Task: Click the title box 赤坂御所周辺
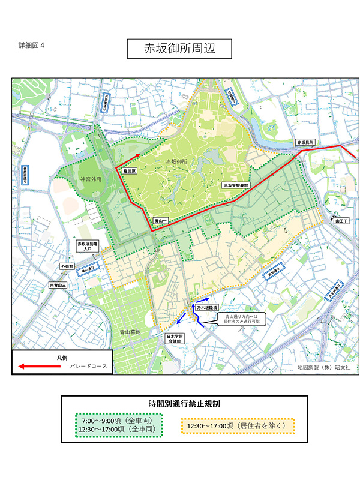click(x=179, y=49)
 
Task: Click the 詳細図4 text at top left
click(x=31, y=46)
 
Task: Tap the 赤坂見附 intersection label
click(x=305, y=143)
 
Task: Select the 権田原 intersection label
click(x=131, y=171)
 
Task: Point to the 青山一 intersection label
click(x=160, y=221)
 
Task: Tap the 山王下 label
click(x=341, y=221)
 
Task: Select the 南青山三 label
click(x=59, y=285)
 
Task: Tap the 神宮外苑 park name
click(x=93, y=179)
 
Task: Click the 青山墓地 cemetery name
click(x=128, y=332)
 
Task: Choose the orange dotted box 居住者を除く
click(x=238, y=425)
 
